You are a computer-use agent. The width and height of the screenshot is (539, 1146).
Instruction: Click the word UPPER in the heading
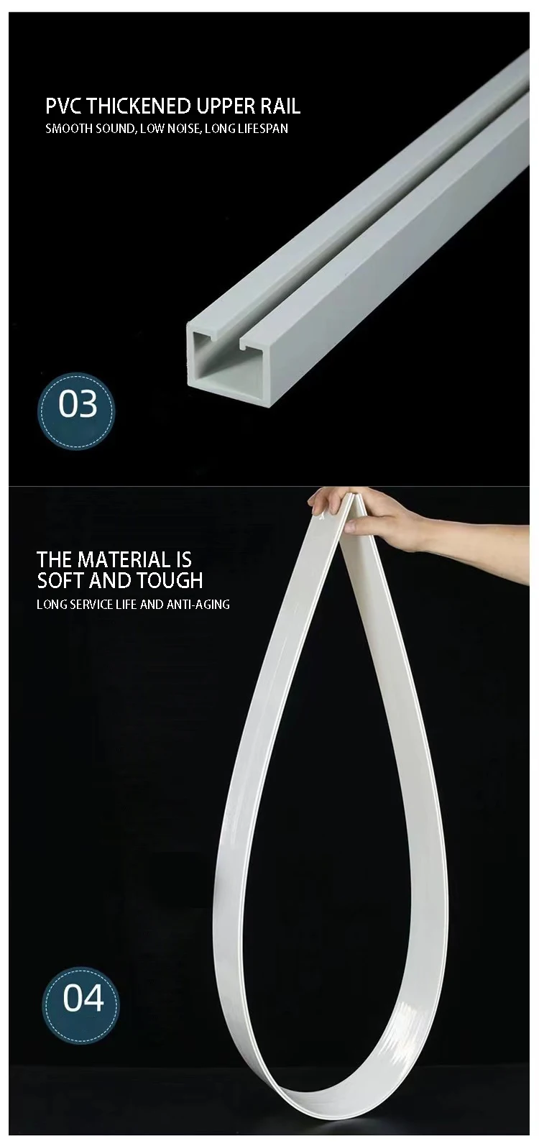coord(224,106)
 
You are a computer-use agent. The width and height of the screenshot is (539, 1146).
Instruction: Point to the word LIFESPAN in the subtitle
coord(260,129)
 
